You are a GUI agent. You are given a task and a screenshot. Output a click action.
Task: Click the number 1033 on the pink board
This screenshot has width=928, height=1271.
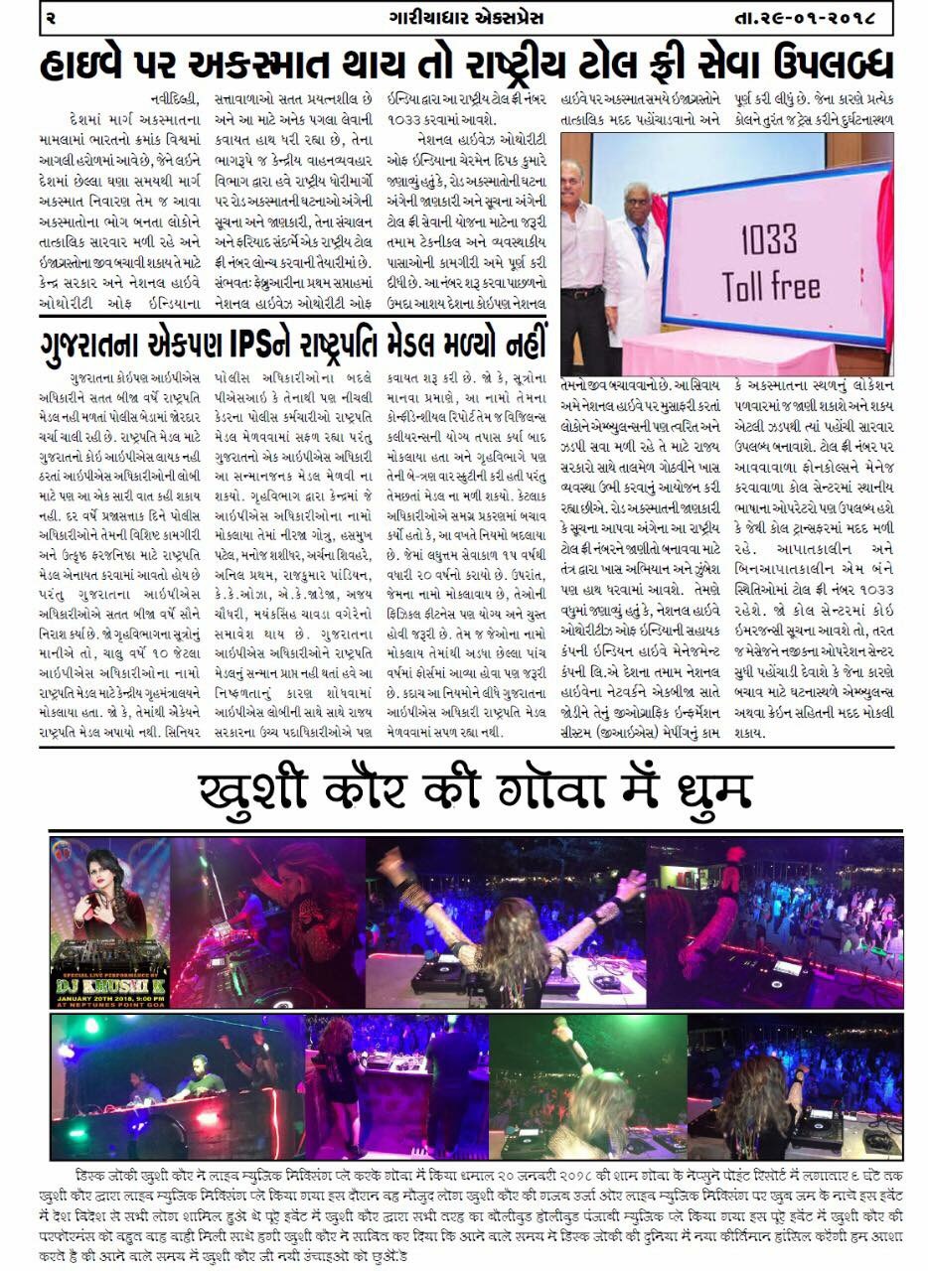coord(768,241)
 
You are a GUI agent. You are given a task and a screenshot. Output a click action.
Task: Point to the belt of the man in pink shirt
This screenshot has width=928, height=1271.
coord(583,293)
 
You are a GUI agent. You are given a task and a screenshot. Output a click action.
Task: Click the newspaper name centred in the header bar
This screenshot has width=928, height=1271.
coord(463,18)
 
